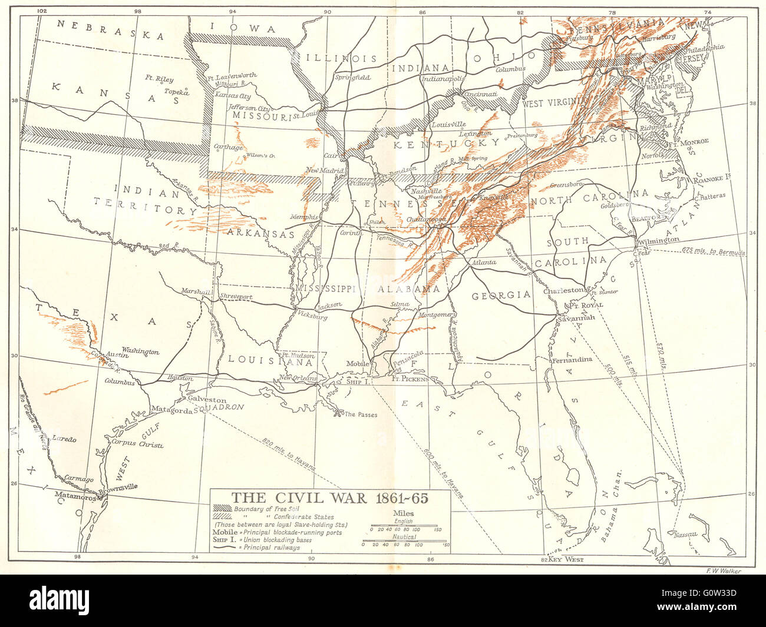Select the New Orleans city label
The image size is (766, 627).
[298, 379]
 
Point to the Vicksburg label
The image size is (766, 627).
[312, 317]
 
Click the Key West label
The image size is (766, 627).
[566, 559]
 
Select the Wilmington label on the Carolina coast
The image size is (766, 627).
[658, 240]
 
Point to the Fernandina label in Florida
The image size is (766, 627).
[572, 360]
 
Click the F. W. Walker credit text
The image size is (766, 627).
[722, 570]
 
